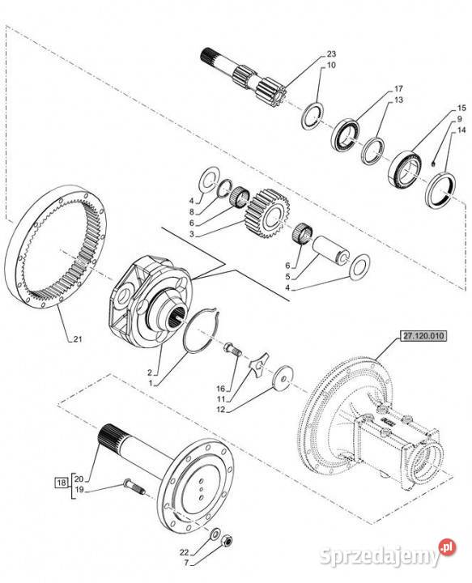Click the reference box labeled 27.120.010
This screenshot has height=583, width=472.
point(423,336)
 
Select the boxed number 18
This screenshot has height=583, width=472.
point(62,483)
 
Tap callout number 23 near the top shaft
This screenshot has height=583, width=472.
point(331,54)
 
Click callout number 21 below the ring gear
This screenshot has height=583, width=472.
point(77,339)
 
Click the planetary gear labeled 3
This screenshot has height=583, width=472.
point(267,214)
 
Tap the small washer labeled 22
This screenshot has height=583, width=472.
point(215,534)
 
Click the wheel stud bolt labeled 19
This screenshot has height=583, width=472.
point(134,487)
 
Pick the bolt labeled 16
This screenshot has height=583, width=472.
point(232,350)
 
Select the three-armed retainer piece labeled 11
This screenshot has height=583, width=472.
point(259,364)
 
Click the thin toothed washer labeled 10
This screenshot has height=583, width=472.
point(313,115)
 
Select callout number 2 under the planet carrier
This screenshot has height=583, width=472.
point(150,372)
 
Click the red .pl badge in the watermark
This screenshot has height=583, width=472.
point(448,547)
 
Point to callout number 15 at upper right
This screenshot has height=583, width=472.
point(461,109)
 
